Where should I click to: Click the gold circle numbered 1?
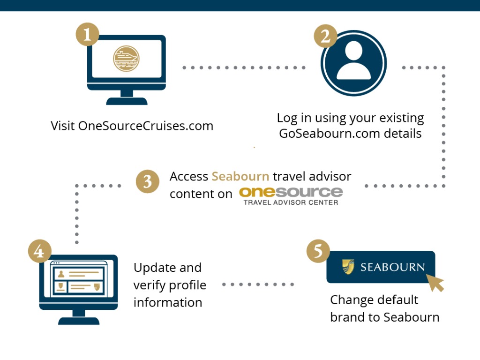[87, 34]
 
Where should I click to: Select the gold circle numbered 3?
[148, 181]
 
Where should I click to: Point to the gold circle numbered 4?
[39, 251]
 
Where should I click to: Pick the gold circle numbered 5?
[318, 251]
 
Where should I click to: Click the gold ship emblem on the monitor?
[126, 59]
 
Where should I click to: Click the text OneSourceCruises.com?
[145, 126]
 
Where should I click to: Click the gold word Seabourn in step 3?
[240, 177]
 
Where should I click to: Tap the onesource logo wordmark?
[291, 192]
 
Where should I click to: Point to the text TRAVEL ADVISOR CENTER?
[291, 202]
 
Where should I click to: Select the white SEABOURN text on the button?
[392, 267]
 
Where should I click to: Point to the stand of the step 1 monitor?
[127, 97]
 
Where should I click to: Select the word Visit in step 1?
[63, 126]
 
